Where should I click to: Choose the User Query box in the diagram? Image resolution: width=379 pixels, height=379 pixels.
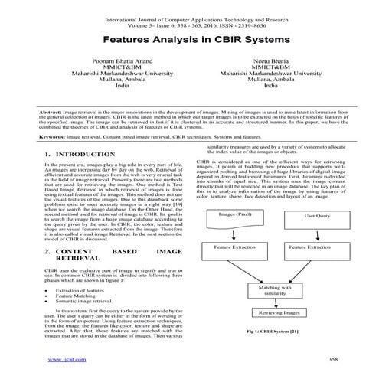(x=317, y=194)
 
